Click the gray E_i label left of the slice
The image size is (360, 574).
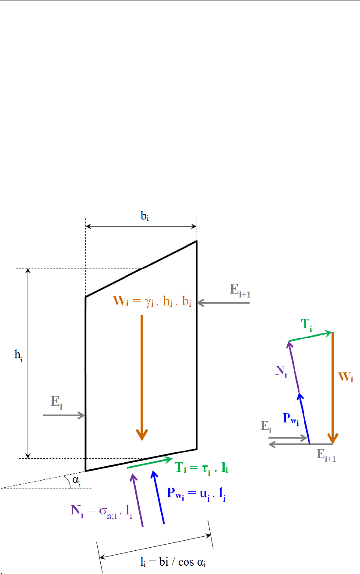[x=56, y=402]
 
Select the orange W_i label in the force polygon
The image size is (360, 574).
[x=346, y=378]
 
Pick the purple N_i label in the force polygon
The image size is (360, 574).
[x=281, y=372]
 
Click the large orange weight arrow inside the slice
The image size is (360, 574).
[x=141, y=377]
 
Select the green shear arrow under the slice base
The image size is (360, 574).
[x=149, y=464]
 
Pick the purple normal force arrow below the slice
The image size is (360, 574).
[x=137, y=500]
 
